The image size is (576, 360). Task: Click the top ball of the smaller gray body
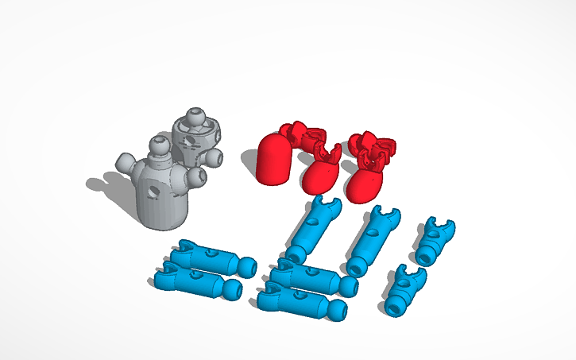pyautogui.click(x=195, y=117)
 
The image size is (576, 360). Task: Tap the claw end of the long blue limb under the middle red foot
pyautogui.click(x=324, y=208)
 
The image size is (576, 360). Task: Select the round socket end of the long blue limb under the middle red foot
pyautogui.click(x=296, y=254)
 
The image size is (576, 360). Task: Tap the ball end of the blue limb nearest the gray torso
pyautogui.click(x=247, y=266)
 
